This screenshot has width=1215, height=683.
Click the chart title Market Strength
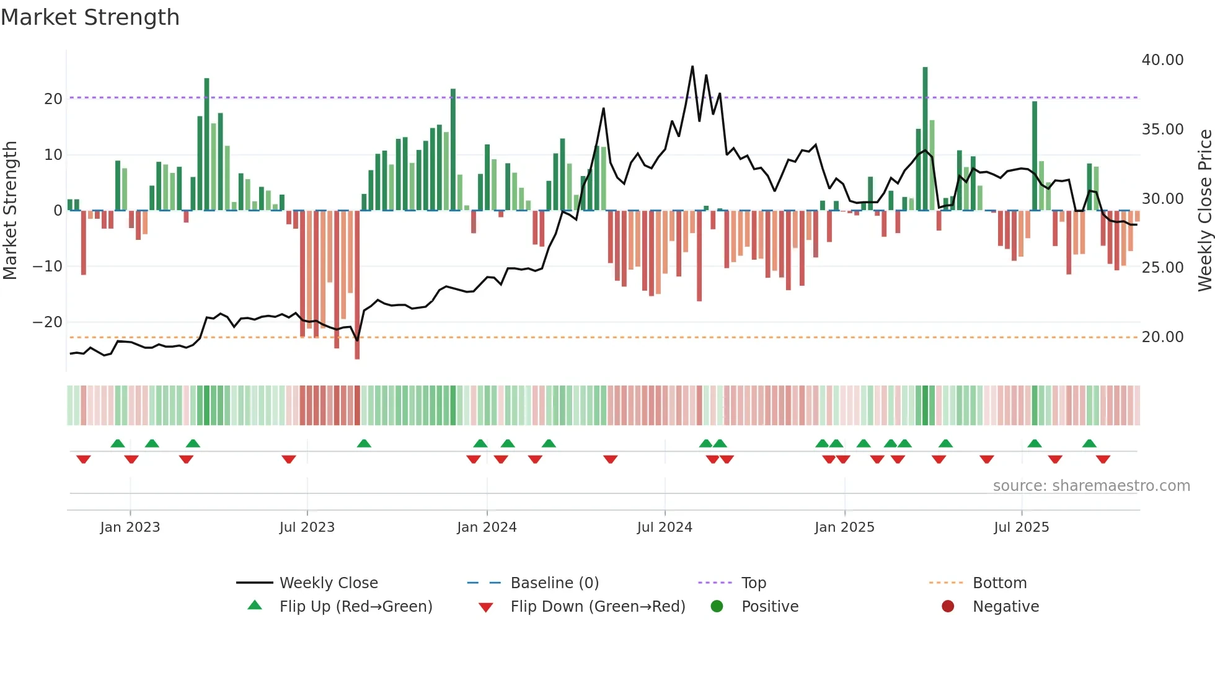tap(90, 17)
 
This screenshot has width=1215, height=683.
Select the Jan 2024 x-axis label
tap(487, 527)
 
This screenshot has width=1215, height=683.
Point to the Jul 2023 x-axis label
tap(307, 527)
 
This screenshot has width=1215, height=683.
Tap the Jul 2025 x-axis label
tap(1021, 527)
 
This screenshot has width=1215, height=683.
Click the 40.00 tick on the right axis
tap(1162, 60)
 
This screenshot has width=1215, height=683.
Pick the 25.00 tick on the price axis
tap(1162, 268)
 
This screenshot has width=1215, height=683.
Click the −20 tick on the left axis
tap(48, 322)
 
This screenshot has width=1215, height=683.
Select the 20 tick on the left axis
tap(53, 99)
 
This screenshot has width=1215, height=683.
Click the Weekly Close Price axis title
tap(1204, 211)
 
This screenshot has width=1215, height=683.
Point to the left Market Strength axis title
tap(10, 211)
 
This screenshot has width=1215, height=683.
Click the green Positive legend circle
tap(717, 607)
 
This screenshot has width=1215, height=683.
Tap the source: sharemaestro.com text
tap(1091, 486)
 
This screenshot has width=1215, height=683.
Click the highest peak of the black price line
tap(692, 67)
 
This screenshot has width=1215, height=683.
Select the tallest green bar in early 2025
tap(925, 136)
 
